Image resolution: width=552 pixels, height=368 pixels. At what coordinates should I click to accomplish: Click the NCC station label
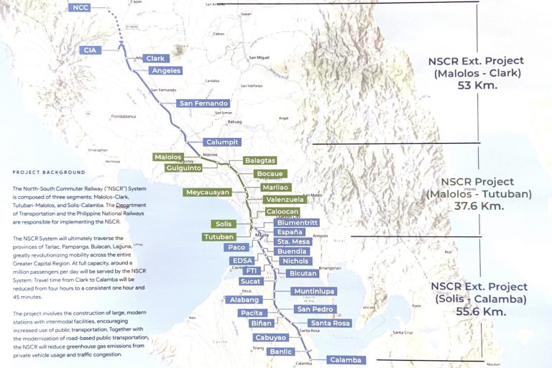point(81,8)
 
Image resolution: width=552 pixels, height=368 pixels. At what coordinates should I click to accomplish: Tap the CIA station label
point(90,50)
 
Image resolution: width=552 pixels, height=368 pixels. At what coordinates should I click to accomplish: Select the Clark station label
point(154,58)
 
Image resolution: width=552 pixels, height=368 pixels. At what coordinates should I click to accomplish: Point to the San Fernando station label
point(203,103)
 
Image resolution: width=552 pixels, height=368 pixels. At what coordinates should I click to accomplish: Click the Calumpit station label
point(220,142)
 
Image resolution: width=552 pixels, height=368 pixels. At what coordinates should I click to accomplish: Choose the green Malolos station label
point(170,157)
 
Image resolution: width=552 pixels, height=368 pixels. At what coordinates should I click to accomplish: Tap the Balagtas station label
point(259,160)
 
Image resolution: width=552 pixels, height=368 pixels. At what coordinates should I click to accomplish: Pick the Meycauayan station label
point(207,193)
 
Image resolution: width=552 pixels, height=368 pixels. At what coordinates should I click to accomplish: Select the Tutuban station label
point(219,236)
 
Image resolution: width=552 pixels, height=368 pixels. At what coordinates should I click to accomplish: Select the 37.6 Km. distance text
point(478,206)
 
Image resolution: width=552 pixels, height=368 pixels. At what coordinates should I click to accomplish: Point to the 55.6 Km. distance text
point(478,311)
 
